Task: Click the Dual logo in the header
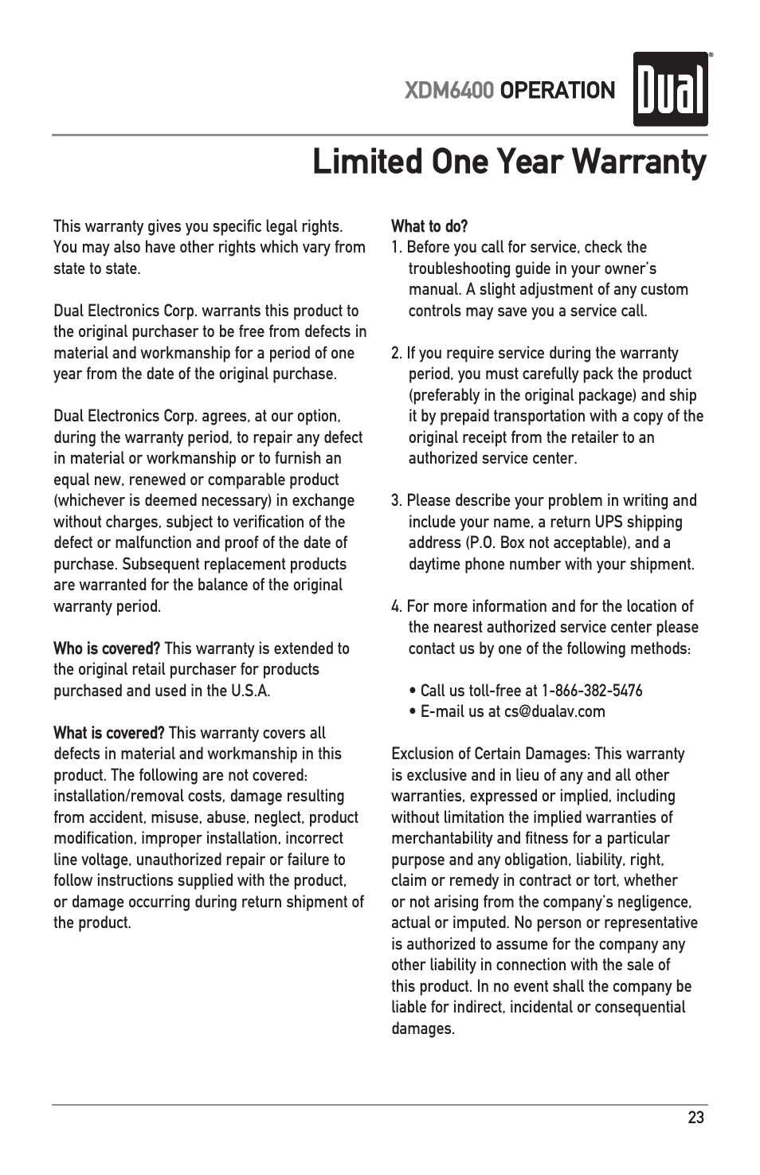671,89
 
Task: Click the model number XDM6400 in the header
449,91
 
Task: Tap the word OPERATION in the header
558,91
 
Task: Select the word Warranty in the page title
639,162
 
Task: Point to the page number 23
695,1118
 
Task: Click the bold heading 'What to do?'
429,226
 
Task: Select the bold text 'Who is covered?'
107,648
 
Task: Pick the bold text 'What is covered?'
108,733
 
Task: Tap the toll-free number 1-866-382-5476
592,691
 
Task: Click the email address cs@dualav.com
554,711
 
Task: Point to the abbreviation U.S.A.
250,691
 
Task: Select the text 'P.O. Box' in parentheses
497,542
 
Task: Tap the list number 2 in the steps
396,353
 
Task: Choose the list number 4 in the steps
396,606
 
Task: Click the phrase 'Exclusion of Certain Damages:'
491,754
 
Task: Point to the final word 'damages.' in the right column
423,1028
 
